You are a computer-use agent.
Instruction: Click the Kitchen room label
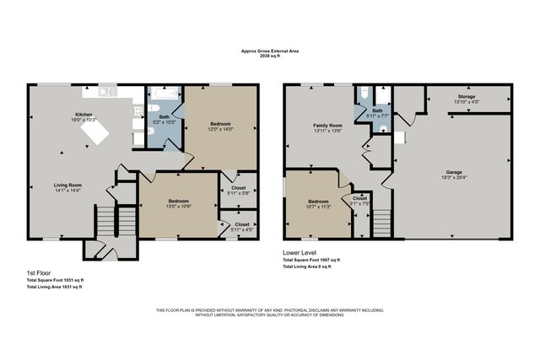(84, 114)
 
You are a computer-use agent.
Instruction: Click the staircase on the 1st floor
(105, 223)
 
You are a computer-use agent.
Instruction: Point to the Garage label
(454, 172)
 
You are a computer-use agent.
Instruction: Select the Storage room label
(467, 97)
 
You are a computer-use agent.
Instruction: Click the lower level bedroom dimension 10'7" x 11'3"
(318, 207)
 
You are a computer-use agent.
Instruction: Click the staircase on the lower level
(381, 223)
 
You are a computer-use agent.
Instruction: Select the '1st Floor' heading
(39, 273)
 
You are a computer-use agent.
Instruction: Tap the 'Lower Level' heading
(303, 252)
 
